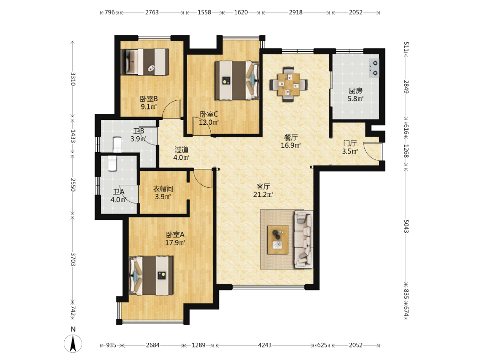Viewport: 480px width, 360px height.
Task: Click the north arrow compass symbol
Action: pyautogui.click(x=73, y=344)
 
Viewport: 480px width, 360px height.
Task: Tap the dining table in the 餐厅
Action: pyautogui.click(x=288, y=84)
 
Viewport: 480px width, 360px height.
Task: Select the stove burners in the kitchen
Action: pyautogui.click(x=374, y=68)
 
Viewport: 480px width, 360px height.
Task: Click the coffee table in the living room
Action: pyautogui.click(x=277, y=240)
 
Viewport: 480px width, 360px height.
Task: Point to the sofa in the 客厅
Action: pyautogui.click(x=303, y=240)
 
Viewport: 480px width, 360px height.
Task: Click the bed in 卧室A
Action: pyautogui.click(x=151, y=276)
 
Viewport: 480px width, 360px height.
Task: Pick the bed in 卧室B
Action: pyautogui.click(x=145, y=62)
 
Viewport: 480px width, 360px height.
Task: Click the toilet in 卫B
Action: pyautogui.click(x=117, y=144)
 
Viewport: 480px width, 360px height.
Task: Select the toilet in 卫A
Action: pyautogui.click(x=112, y=163)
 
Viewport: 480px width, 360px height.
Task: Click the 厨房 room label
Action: pyautogui.click(x=355, y=91)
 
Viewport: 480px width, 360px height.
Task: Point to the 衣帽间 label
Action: pyautogui.click(x=163, y=189)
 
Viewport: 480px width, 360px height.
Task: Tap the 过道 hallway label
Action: pyautogui.click(x=181, y=149)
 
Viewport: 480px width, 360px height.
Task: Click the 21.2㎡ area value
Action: pyautogui.click(x=263, y=194)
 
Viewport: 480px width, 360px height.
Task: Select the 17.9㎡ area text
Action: pyautogui.click(x=175, y=243)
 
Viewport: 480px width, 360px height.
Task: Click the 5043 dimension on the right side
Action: pyautogui.click(x=406, y=226)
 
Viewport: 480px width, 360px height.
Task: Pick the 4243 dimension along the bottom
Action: pyautogui.click(x=265, y=345)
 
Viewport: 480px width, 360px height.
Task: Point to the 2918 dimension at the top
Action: pyautogui.click(x=296, y=12)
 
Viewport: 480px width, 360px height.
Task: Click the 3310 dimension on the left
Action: pyautogui.click(x=73, y=79)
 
